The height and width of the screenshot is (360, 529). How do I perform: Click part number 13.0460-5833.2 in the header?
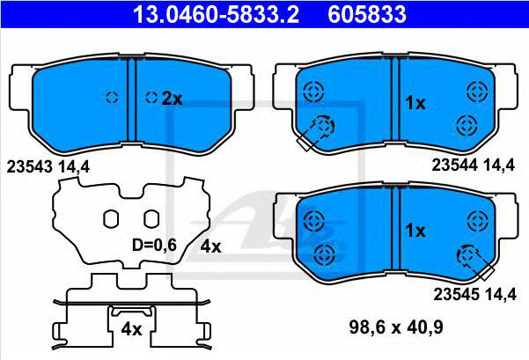click(x=216, y=14)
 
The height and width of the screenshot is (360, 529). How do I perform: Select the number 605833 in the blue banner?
click(x=367, y=14)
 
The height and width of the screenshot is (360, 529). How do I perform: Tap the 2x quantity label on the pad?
click(x=172, y=99)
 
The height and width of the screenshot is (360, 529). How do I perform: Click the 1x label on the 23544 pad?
click(x=415, y=103)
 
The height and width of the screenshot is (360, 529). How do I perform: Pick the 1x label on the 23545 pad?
click(x=415, y=231)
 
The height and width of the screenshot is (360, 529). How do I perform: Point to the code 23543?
click(x=29, y=166)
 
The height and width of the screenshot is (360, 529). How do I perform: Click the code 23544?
click(x=454, y=165)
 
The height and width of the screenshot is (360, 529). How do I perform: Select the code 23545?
click(x=456, y=295)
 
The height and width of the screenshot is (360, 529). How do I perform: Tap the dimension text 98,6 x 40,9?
click(x=396, y=327)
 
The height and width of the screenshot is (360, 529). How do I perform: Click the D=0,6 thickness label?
click(x=154, y=245)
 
